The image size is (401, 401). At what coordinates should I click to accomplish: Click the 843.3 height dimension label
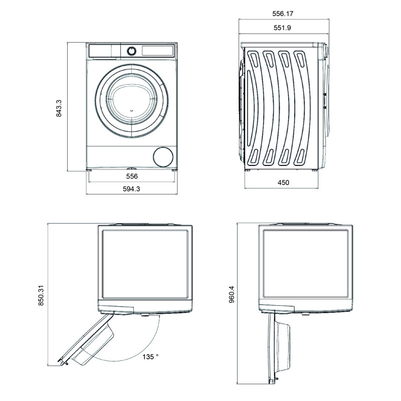tap(59, 107)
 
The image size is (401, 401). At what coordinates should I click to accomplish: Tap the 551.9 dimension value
tap(283, 28)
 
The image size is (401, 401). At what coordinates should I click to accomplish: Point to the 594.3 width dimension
tap(131, 188)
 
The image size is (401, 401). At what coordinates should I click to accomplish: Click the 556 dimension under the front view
tap(131, 176)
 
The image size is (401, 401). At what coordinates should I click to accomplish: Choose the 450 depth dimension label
tap(283, 183)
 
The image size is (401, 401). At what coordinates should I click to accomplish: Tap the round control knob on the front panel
tap(131, 51)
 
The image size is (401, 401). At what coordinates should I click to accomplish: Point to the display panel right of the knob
tap(157, 51)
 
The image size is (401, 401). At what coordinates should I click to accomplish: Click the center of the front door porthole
tap(131, 99)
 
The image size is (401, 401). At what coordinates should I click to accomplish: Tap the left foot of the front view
tap(91, 171)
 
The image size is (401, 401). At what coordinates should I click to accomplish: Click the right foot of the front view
tap(173, 171)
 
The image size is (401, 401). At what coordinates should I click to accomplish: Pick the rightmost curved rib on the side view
tap(306, 108)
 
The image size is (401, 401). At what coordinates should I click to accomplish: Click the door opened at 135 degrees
tap(90, 341)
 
